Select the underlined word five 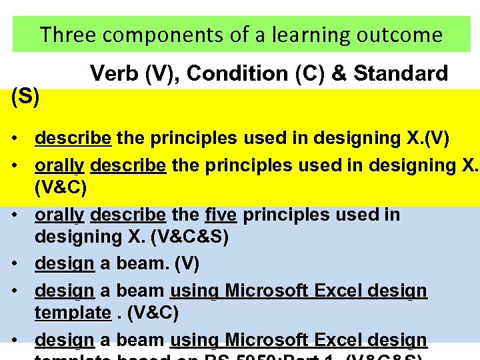[x=221, y=215]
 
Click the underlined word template [x=73, y=312]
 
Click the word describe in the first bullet [x=73, y=139]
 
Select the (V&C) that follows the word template [x=152, y=312]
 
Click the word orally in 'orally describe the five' [x=59, y=215]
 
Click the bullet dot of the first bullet [x=15, y=139]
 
